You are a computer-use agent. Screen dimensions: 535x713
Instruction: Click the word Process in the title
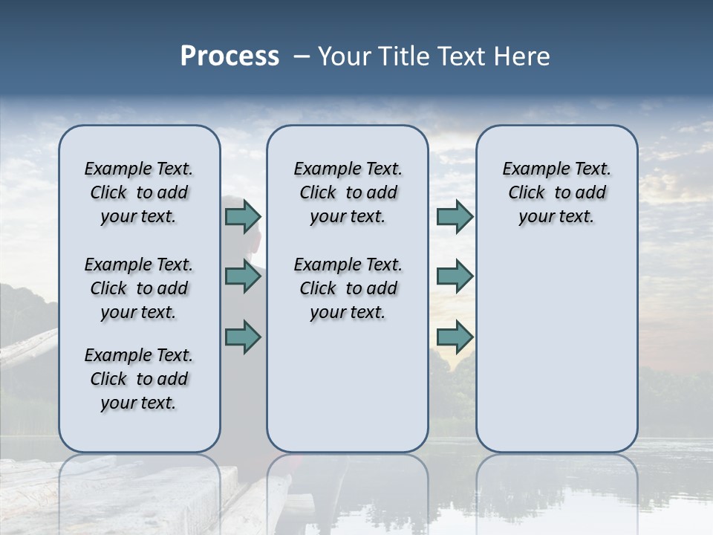(229, 56)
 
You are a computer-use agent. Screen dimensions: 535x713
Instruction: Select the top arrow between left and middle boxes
(243, 216)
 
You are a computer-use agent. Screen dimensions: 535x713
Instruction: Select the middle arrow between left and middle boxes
(243, 276)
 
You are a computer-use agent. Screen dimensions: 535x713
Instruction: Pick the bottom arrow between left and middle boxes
(243, 337)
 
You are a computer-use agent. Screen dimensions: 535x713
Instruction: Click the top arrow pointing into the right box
(455, 216)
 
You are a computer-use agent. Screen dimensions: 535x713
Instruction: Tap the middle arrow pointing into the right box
(455, 276)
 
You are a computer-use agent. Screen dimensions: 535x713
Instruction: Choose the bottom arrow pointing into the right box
(455, 337)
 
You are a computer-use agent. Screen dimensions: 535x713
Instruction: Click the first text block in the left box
(139, 192)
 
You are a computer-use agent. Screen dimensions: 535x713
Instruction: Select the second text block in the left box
(139, 288)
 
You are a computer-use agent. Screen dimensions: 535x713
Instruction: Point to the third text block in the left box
(139, 379)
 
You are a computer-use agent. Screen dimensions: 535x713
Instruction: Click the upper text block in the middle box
(348, 192)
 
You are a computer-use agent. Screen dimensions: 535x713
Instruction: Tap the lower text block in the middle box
(348, 288)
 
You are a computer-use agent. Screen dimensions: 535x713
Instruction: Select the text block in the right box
(556, 192)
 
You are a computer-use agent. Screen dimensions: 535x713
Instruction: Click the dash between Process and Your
(301, 56)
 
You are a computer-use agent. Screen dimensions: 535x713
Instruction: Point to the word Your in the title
(343, 56)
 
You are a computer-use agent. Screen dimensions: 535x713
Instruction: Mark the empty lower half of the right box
(556, 357)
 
